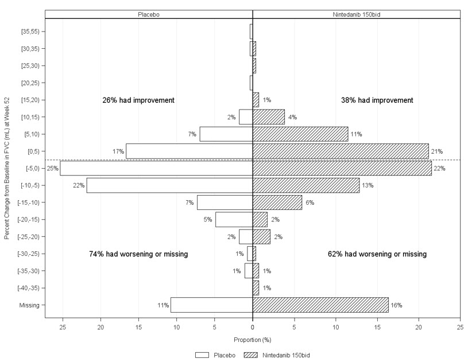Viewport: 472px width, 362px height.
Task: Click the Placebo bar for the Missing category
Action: click(211, 305)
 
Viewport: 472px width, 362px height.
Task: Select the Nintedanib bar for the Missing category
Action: click(320, 305)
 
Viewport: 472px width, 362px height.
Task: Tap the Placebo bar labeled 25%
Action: click(156, 168)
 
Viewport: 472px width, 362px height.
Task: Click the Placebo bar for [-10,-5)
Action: click(169, 185)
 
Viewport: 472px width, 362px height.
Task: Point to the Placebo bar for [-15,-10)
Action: click(225, 203)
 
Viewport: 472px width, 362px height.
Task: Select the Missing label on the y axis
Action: click(29, 305)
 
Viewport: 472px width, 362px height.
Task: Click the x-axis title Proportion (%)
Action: click(253, 340)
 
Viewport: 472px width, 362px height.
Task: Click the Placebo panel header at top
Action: click(149, 14)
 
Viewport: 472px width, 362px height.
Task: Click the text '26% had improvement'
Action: click(138, 100)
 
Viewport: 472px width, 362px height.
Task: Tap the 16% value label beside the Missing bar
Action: click(397, 305)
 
